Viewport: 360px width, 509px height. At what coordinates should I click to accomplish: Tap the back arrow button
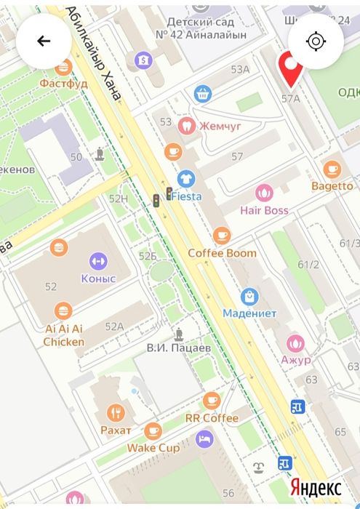[44, 41]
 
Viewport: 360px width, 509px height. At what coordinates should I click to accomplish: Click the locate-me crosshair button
[316, 41]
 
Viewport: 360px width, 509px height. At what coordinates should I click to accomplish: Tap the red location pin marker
[292, 71]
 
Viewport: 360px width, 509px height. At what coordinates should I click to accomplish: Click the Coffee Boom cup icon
[222, 235]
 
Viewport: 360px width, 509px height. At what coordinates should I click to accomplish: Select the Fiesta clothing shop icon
[185, 178]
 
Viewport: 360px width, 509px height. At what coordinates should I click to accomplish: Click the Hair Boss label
[264, 210]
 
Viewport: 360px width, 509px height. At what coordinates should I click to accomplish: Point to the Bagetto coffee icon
[332, 169]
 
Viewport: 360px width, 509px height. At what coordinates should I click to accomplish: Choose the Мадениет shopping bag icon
[249, 296]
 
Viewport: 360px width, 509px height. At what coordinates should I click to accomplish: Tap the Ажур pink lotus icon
[295, 342]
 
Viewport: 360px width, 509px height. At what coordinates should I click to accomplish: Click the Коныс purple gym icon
[98, 260]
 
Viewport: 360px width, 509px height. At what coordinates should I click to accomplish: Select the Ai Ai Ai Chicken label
[63, 335]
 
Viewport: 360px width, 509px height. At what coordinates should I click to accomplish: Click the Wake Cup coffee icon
[153, 431]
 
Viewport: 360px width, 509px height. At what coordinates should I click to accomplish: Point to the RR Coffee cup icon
[212, 400]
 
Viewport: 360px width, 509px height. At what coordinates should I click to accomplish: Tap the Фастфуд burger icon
[63, 67]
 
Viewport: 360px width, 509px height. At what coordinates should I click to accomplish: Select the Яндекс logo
[316, 486]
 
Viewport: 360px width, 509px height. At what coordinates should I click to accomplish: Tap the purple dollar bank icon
[143, 59]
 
